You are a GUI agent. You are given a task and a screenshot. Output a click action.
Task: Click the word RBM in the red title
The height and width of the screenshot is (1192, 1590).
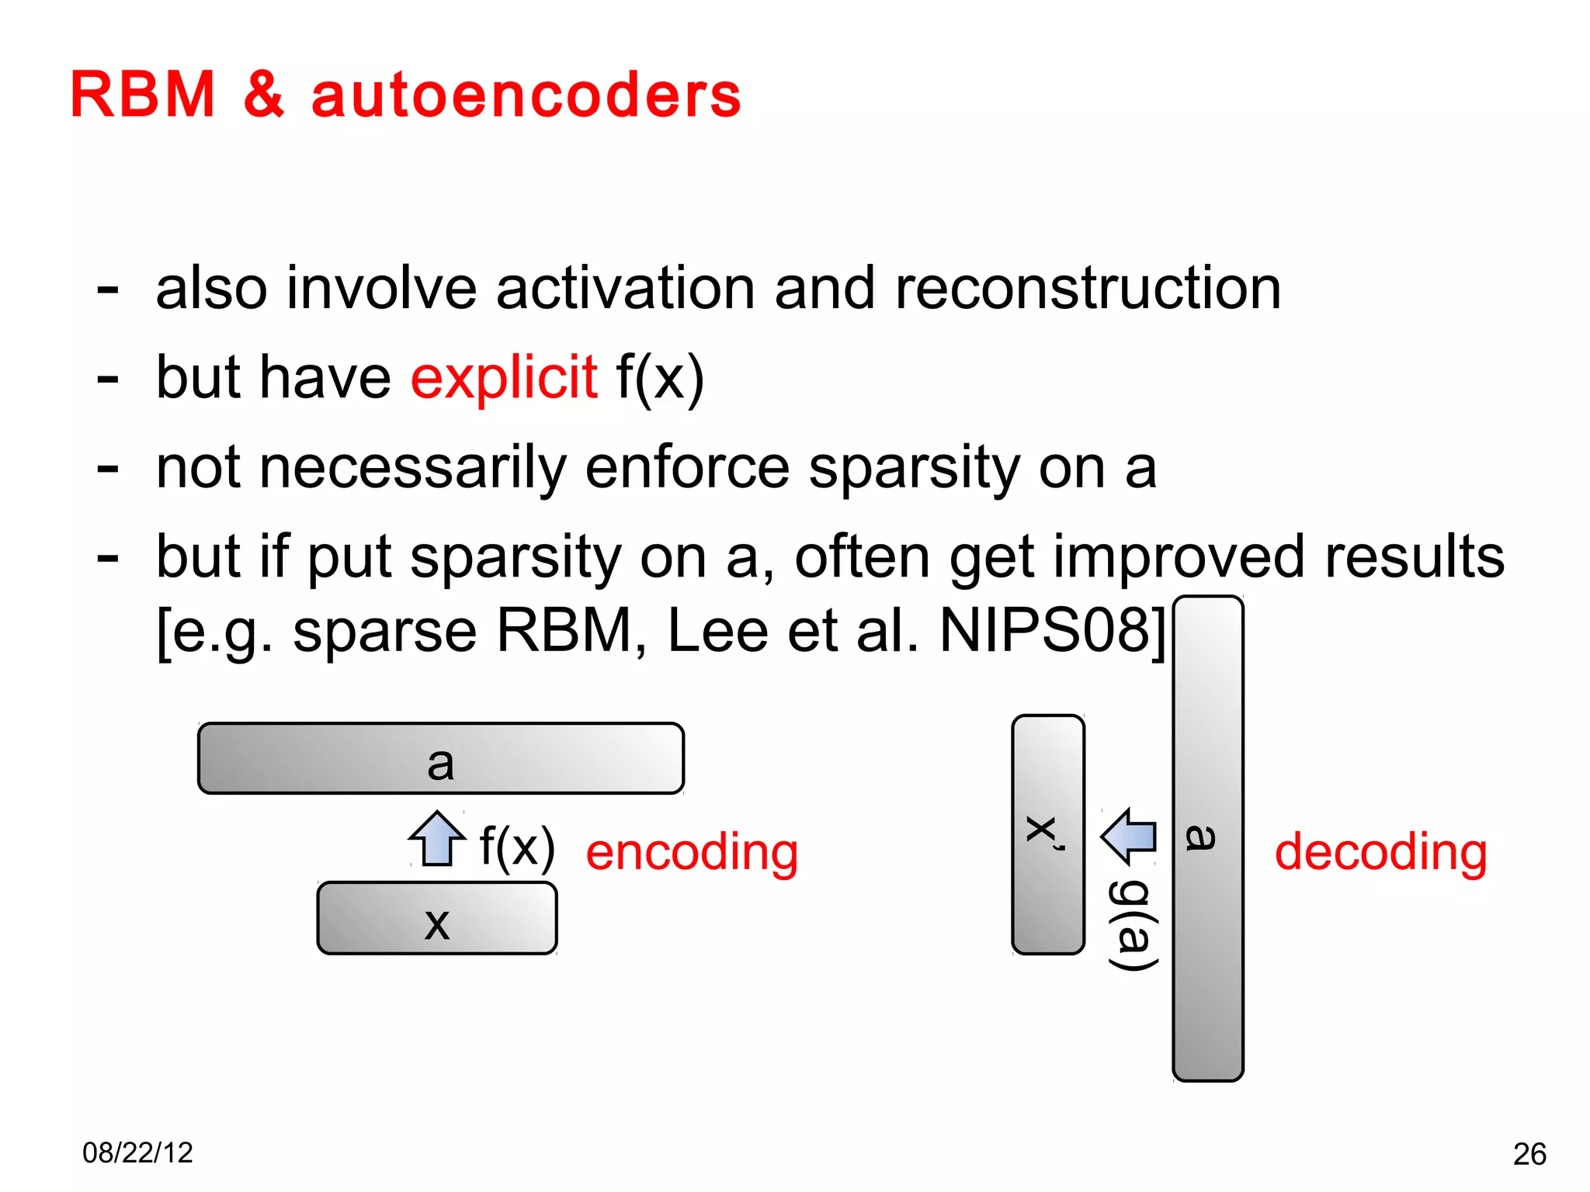coord(143,95)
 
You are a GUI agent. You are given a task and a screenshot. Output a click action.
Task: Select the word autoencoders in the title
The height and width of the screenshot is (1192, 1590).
coord(526,95)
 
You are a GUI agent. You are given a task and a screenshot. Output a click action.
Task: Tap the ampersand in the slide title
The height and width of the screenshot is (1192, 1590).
coord(264,95)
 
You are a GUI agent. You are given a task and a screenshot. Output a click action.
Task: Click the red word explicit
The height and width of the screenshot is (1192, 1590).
coord(504,377)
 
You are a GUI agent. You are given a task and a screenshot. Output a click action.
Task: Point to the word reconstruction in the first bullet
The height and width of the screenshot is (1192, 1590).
coord(1088,289)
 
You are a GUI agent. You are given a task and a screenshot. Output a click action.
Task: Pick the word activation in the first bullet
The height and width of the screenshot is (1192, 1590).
coord(625,289)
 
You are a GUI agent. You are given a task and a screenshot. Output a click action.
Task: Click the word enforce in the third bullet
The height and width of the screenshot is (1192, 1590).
coord(686,468)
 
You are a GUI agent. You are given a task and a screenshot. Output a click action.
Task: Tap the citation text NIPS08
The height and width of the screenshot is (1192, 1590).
coord(1045,630)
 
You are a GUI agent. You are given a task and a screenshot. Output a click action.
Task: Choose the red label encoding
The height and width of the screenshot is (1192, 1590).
coord(692,851)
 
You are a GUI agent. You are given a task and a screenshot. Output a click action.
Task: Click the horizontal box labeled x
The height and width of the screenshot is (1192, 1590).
coord(437,918)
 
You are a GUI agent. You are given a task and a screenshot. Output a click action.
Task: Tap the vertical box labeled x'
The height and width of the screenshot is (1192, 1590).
coord(1048,834)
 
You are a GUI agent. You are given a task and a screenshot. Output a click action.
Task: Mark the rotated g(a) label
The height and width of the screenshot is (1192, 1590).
coord(1133,925)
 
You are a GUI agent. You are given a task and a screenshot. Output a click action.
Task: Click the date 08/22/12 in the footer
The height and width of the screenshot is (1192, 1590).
coord(137,1152)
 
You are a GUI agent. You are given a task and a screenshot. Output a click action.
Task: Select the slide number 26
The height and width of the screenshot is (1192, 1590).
coord(1529,1154)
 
